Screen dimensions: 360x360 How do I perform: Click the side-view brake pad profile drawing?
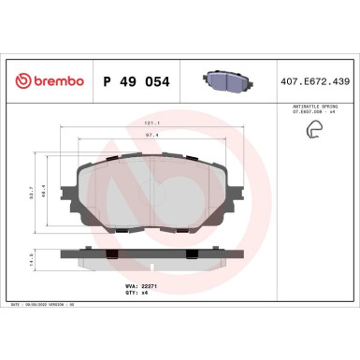pos(153,253)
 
